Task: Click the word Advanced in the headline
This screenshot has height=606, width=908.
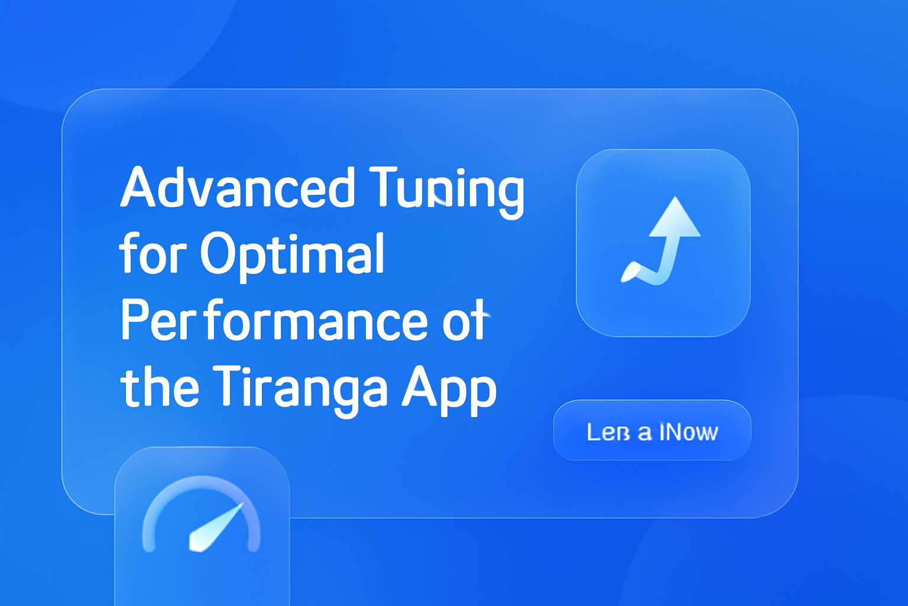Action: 237,188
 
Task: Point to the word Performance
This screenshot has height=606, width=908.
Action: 274,321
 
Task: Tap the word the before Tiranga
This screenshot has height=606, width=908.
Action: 160,388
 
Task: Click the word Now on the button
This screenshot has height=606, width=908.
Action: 689,432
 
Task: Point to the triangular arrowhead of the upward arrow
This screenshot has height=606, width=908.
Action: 675,218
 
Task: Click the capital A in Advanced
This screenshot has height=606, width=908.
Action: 137,188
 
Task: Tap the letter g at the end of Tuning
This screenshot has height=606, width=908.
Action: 510,194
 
